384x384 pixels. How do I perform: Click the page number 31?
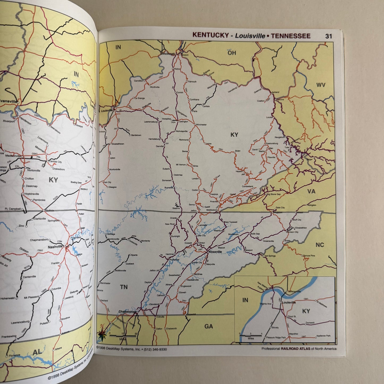point(328,36)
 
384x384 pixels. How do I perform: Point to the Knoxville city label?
point(215,252)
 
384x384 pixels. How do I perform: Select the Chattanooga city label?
point(128,311)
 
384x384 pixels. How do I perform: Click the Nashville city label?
point(55,247)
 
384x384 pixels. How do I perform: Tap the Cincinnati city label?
point(168,54)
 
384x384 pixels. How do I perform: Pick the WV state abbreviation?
point(321,85)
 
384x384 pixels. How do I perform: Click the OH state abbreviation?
point(232,53)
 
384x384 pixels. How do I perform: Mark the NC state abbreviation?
point(320,245)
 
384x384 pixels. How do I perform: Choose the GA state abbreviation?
point(209,326)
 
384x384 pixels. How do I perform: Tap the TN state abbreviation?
point(124,287)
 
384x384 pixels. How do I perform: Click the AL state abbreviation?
point(37,352)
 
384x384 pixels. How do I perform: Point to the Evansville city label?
point(9,102)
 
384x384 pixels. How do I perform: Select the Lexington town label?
point(183,122)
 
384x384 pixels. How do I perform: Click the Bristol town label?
point(300,213)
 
